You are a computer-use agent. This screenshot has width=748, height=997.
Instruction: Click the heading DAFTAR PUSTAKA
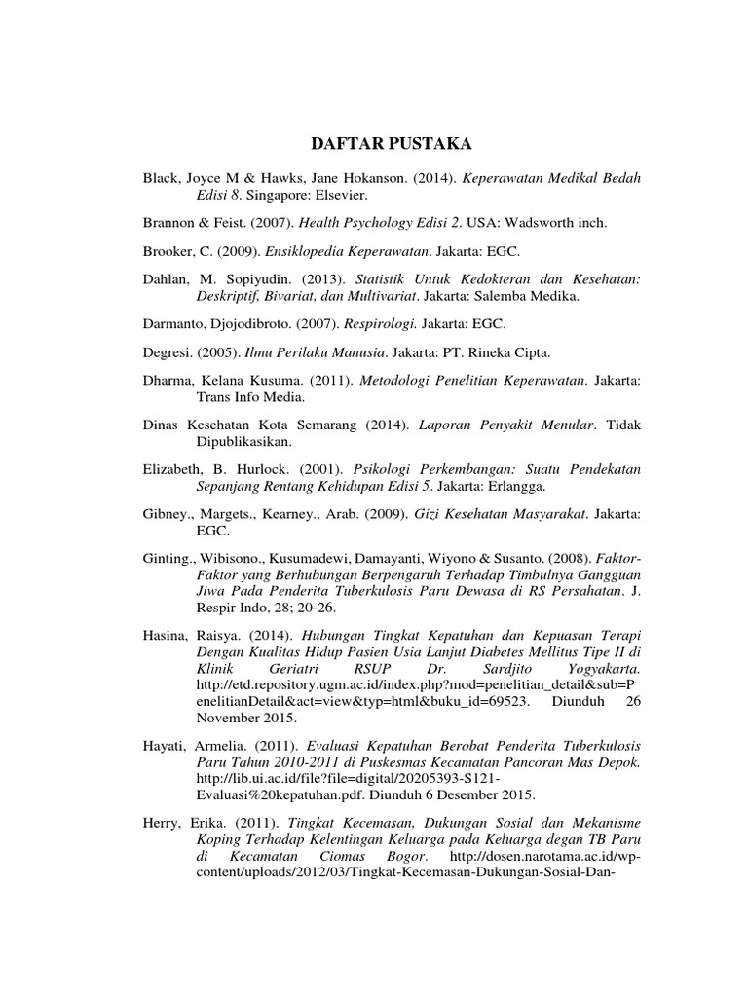click(391, 144)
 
